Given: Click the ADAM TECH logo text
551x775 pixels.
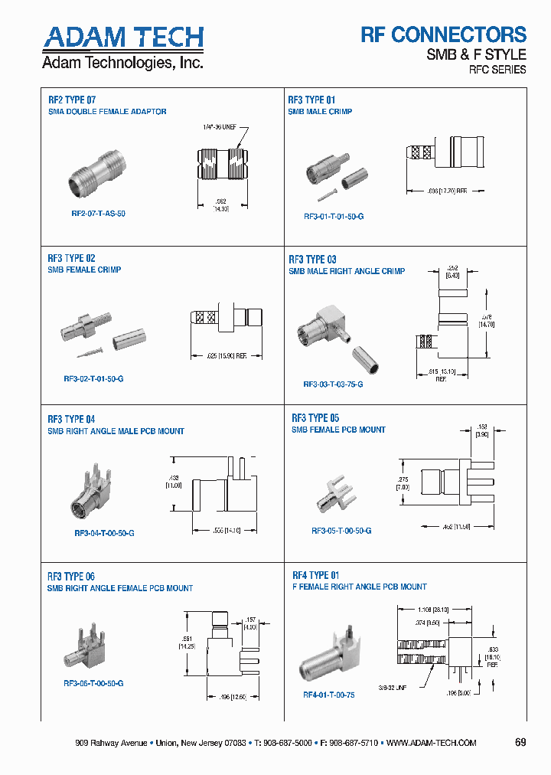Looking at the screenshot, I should pos(123,38).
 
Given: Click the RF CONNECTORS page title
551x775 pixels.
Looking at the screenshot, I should pos(443,34).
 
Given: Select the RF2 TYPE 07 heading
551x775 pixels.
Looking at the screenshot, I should pos(72,99).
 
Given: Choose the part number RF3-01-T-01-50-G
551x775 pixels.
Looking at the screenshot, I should pos(334,217).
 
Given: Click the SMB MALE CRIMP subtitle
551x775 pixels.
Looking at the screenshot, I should pos(320,112).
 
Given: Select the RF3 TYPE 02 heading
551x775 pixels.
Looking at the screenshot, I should pos(71,258).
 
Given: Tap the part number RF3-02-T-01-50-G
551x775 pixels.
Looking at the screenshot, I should pos(93,378).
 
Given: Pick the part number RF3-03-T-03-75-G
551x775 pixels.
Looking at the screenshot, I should pos(333,384).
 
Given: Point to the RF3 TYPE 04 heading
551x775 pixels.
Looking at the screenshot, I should pos(71,419).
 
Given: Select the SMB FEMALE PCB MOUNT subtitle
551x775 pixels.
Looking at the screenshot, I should pos(338,430).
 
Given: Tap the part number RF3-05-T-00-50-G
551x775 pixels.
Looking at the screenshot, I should pos(341,531).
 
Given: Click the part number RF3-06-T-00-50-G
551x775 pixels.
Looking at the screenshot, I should pos(93,682).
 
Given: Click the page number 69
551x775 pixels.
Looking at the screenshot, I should pos(520,743).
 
